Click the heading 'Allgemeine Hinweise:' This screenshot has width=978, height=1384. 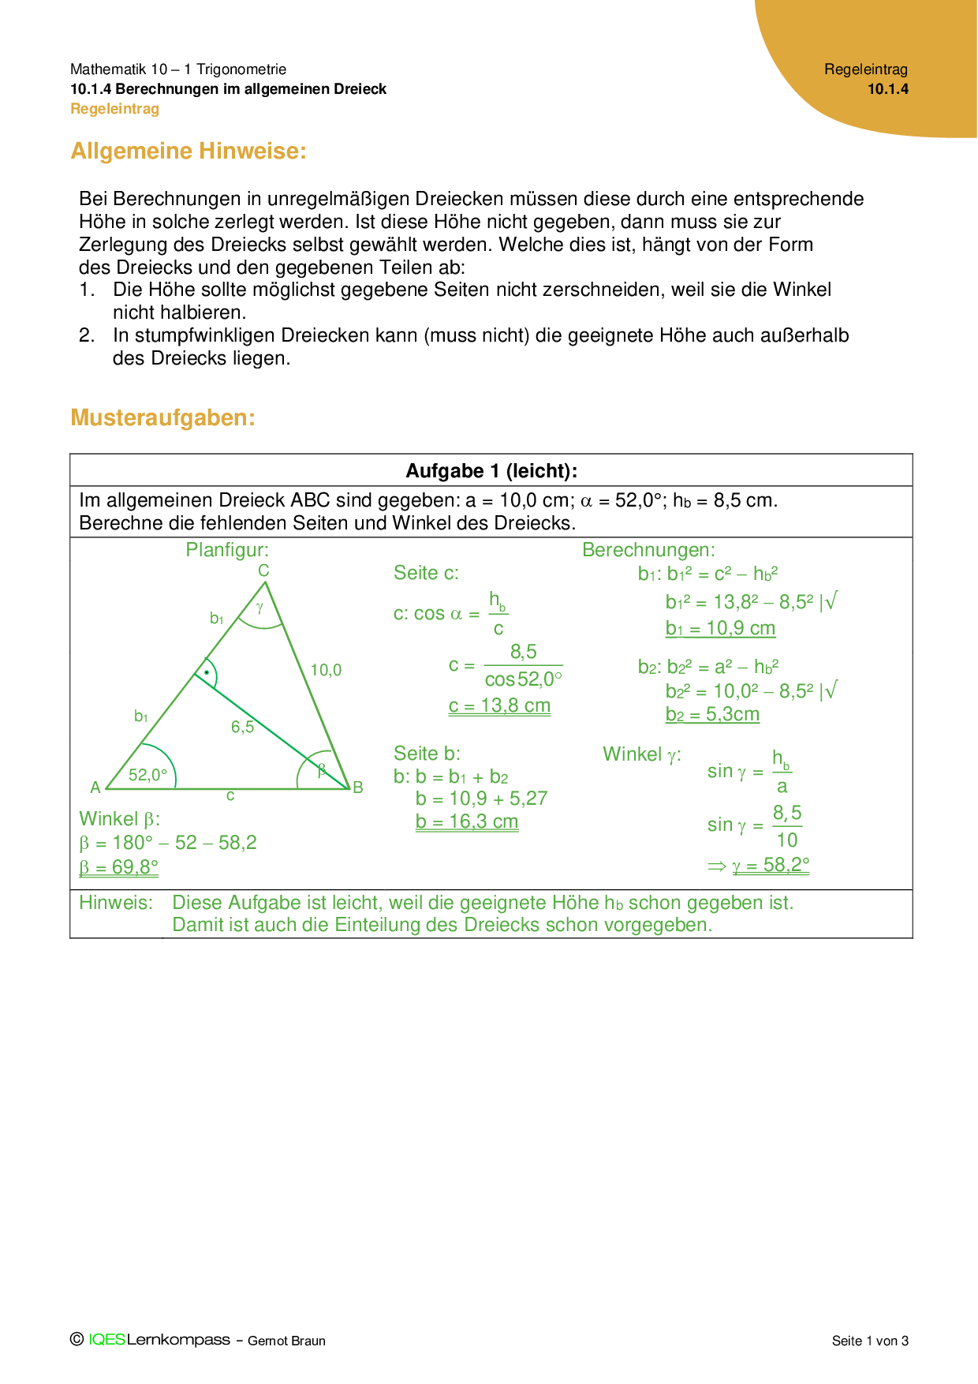coord(189,151)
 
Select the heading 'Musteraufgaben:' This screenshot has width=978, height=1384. coord(162,417)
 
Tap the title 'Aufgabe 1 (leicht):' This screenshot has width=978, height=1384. coord(491,471)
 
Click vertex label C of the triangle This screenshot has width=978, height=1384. coord(263,570)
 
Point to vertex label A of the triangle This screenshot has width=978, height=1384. coord(95,787)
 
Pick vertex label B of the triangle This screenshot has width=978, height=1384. coord(358,787)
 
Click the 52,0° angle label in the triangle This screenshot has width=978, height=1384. coord(147,775)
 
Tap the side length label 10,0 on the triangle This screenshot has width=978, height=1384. coord(326,671)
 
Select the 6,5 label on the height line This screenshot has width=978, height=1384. coord(242,727)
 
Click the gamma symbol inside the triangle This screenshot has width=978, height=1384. coord(259,608)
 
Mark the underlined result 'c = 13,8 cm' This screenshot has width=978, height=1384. coord(499,705)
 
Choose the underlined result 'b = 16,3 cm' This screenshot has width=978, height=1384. coord(467,821)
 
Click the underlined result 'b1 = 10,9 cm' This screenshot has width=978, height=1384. coord(720,628)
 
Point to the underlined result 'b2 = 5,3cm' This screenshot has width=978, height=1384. coord(712,714)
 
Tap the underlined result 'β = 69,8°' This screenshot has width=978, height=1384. coord(118,867)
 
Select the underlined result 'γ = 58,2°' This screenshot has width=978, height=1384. coord(771,865)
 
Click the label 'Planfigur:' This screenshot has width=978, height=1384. coord(227,550)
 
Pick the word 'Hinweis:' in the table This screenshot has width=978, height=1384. coord(116,903)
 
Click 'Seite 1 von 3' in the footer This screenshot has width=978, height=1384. coord(870,1341)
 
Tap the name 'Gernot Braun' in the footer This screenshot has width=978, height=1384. coord(286,1341)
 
